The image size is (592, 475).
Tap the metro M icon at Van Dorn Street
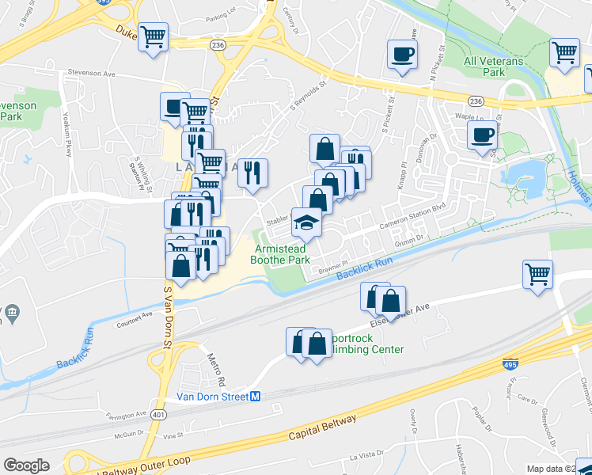[x=256, y=397]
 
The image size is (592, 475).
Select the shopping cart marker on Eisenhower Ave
[x=537, y=274]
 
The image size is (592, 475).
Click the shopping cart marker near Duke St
[x=154, y=36]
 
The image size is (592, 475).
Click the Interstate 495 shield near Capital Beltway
[x=510, y=364]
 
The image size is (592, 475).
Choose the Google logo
[x=26, y=465]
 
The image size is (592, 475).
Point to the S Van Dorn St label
[x=167, y=317]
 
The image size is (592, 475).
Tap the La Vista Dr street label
[x=366, y=458]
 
